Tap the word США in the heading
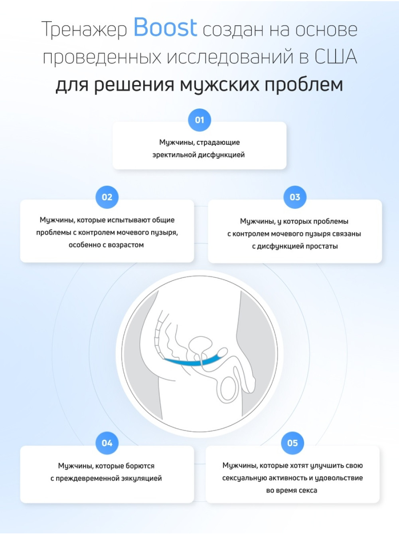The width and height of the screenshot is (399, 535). [x=336, y=57]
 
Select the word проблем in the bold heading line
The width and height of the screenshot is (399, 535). [x=304, y=84]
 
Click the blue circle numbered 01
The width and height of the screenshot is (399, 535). [x=199, y=120]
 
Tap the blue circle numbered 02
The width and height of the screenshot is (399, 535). [x=107, y=197]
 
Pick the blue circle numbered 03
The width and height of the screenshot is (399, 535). [x=295, y=197]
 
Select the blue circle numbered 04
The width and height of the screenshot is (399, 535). [x=107, y=443]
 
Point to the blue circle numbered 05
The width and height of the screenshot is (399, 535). [x=292, y=443]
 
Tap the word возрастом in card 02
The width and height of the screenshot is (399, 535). [x=126, y=245]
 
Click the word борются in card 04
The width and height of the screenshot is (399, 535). [x=140, y=466]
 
